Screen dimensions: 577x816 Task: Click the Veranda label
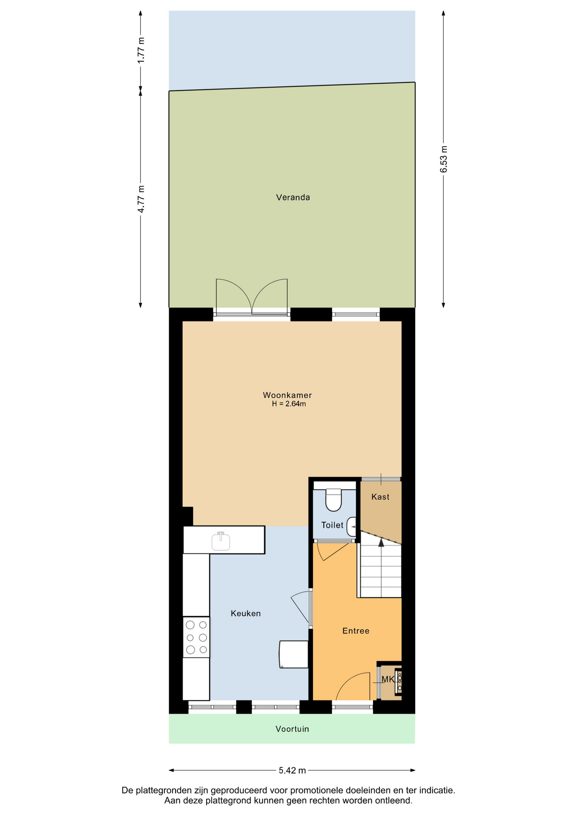point(293,197)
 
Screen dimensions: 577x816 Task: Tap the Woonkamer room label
point(287,395)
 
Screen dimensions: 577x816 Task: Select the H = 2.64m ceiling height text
point(289,404)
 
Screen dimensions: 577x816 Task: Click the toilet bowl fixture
point(334,500)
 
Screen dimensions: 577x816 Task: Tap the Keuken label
point(246,613)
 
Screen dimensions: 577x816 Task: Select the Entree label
point(356,631)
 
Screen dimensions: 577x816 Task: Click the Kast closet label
point(380,497)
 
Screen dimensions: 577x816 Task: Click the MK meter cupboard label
point(388,679)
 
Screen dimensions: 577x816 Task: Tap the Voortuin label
point(292,729)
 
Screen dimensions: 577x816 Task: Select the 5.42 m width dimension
point(292,770)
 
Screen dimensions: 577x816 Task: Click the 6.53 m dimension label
point(444,159)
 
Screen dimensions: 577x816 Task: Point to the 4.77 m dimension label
point(141,199)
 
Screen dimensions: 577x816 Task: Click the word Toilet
point(332,525)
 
